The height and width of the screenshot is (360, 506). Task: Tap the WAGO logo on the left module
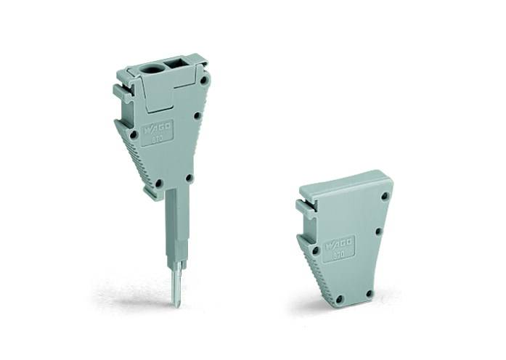(158, 129)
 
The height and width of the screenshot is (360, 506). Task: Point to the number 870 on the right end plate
(339, 252)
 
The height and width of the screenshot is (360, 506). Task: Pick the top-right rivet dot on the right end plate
(385, 196)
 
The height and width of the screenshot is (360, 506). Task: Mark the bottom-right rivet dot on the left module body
(189, 177)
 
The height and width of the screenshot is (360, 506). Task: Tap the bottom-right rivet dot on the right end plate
(369, 293)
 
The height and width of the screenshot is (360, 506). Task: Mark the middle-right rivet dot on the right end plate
(378, 232)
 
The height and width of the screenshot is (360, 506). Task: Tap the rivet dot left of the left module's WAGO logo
(133, 134)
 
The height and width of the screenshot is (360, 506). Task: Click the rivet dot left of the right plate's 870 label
(315, 250)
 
